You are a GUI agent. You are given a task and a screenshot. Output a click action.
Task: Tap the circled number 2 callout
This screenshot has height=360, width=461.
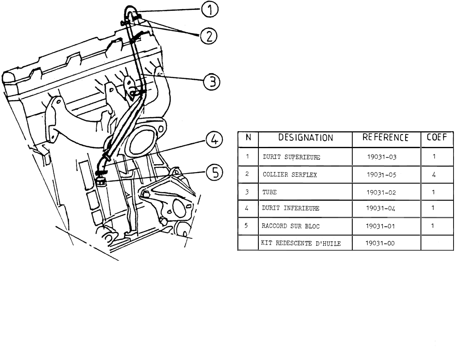coord(209,36)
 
